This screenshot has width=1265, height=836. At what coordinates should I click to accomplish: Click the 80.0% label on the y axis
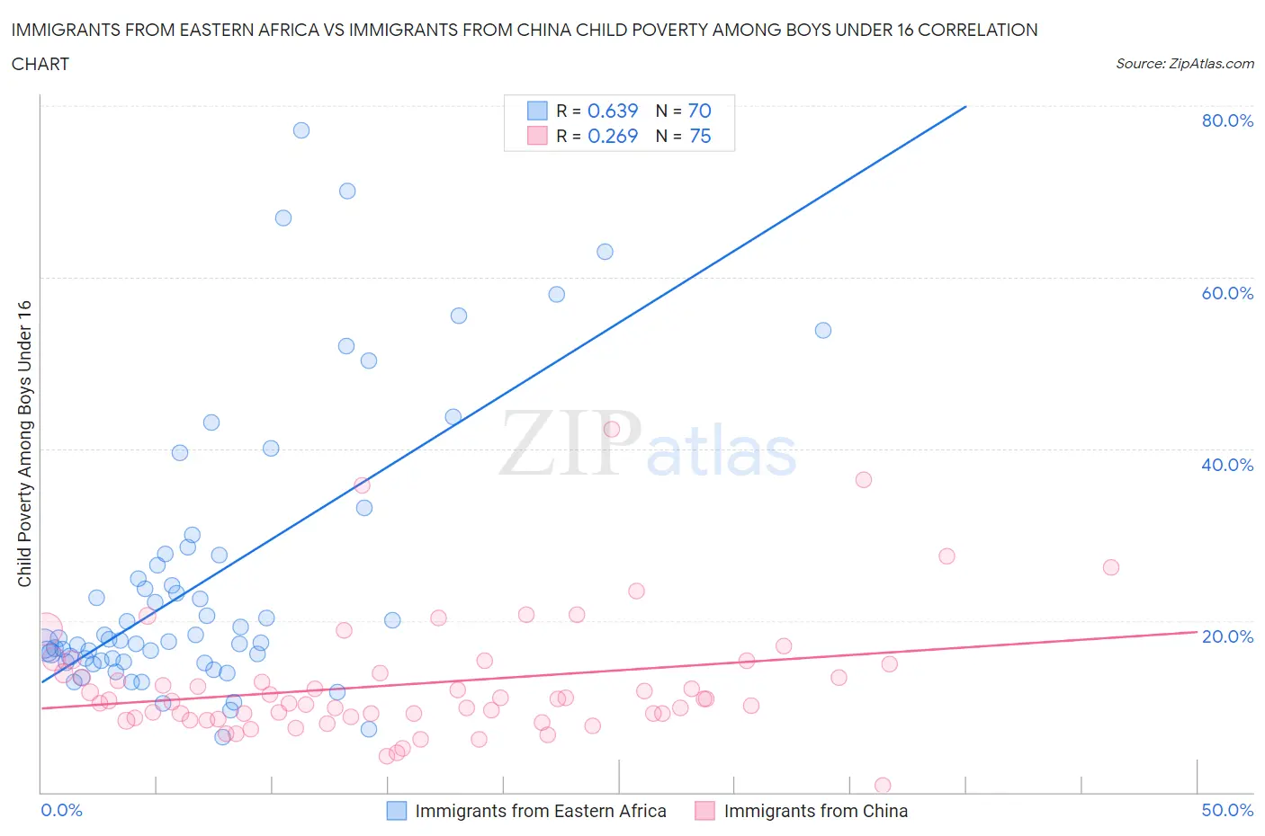click(1227, 120)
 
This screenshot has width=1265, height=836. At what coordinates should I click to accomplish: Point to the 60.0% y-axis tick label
click(1227, 293)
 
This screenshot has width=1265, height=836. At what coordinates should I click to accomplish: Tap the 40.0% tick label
click(1227, 465)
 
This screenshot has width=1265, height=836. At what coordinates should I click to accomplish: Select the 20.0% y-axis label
click(1227, 636)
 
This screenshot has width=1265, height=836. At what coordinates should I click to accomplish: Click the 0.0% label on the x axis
click(61, 810)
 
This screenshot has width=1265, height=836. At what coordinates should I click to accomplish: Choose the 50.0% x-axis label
click(1227, 810)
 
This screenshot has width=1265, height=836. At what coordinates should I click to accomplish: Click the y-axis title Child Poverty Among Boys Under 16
click(24, 443)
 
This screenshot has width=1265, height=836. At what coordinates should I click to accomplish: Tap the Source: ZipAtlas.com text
click(1184, 64)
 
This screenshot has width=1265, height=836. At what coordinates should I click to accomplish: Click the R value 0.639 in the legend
click(612, 111)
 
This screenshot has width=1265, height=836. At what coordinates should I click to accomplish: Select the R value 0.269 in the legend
click(612, 136)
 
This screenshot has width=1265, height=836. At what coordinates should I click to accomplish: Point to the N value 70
click(699, 111)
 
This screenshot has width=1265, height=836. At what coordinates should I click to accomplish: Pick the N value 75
click(699, 136)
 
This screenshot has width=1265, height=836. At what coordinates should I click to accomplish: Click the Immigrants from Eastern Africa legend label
click(540, 811)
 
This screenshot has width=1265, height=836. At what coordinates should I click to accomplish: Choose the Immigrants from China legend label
click(815, 811)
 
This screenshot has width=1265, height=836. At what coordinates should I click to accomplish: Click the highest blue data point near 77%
click(301, 130)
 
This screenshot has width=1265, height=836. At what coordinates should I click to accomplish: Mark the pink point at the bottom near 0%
click(883, 786)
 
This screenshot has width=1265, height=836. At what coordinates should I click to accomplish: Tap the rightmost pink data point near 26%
click(1111, 567)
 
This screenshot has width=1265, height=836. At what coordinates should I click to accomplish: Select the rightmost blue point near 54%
click(823, 330)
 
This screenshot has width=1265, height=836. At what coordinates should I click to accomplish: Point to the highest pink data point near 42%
click(612, 429)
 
